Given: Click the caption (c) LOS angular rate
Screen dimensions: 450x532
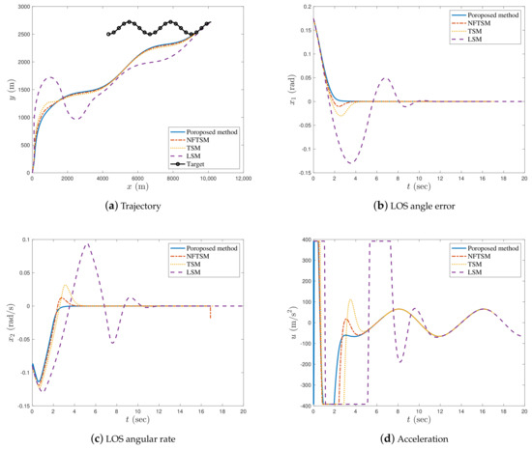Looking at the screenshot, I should point(133,439).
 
